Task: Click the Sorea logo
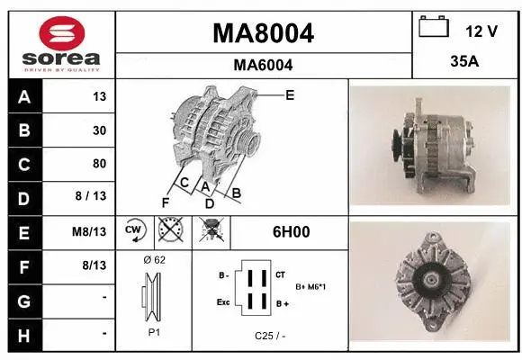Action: (60, 42)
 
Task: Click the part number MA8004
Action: (263, 33)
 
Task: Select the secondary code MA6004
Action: (263, 65)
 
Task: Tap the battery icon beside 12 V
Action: (434, 27)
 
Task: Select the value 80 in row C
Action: (99, 164)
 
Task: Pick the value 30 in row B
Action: (99, 130)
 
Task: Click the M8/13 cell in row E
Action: (92, 231)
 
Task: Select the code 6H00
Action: (291, 232)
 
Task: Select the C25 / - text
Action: (268, 337)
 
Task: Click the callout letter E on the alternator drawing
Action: (290, 94)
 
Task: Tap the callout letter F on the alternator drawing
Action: (165, 202)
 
